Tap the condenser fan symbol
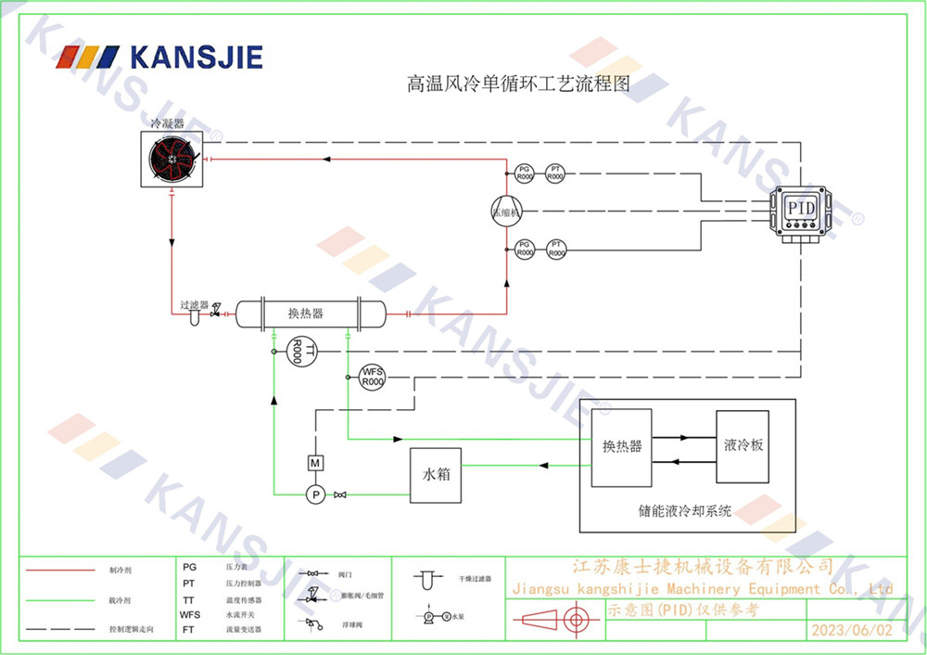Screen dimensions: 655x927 (x=173, y=160)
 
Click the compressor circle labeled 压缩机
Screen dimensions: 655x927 (x=507, y=210)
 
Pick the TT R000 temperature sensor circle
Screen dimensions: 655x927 (x=298, y=352)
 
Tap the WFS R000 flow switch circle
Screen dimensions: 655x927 (x=372, y=377)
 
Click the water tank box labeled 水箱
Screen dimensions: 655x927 (x=437, y=474)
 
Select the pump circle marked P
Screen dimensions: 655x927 (x=315, y=494)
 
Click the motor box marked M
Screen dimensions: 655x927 (x=314, y=462)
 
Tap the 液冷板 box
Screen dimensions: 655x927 (x=743, y=446)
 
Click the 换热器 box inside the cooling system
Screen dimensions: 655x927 (x=622, y=447)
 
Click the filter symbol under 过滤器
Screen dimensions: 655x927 (x=194, y=318)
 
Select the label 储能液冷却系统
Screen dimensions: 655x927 (x=685, y=509)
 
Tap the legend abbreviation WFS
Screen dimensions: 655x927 (x=189, y=614)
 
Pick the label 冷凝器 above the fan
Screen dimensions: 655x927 (x=168, y=122)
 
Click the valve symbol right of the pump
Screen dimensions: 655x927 (x=340, y=494)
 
